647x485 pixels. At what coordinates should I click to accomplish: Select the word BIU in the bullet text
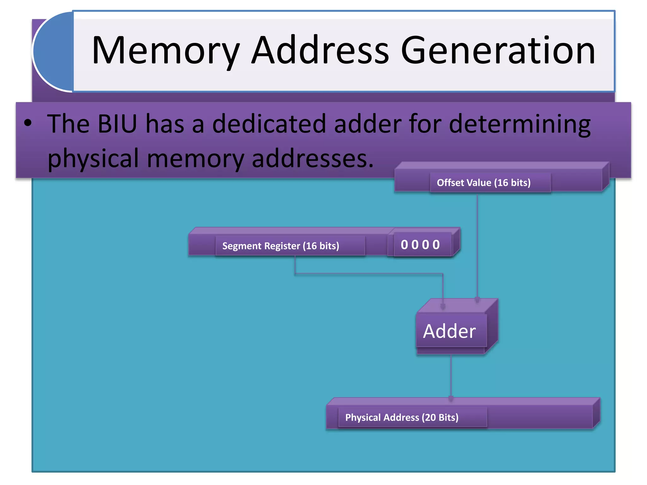click(x=117, y=124)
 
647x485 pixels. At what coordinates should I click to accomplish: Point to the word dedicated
click(x=269, y=124)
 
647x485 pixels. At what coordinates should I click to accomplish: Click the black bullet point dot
click(x=28, y=123)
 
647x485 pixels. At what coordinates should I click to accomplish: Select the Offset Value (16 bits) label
click(x=483, y=183)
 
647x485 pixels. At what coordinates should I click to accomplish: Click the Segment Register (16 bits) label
click(x=281, y=246)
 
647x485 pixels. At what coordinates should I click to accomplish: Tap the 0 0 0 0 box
click(x=420, y=245)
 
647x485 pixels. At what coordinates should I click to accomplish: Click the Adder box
click(x=449, y=331)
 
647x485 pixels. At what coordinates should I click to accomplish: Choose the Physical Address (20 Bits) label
click(x=402, y=417)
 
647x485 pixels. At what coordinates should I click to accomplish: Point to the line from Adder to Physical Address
click(x=451, y=376)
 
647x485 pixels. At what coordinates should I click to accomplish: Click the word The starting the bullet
click(x=68, y=124)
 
